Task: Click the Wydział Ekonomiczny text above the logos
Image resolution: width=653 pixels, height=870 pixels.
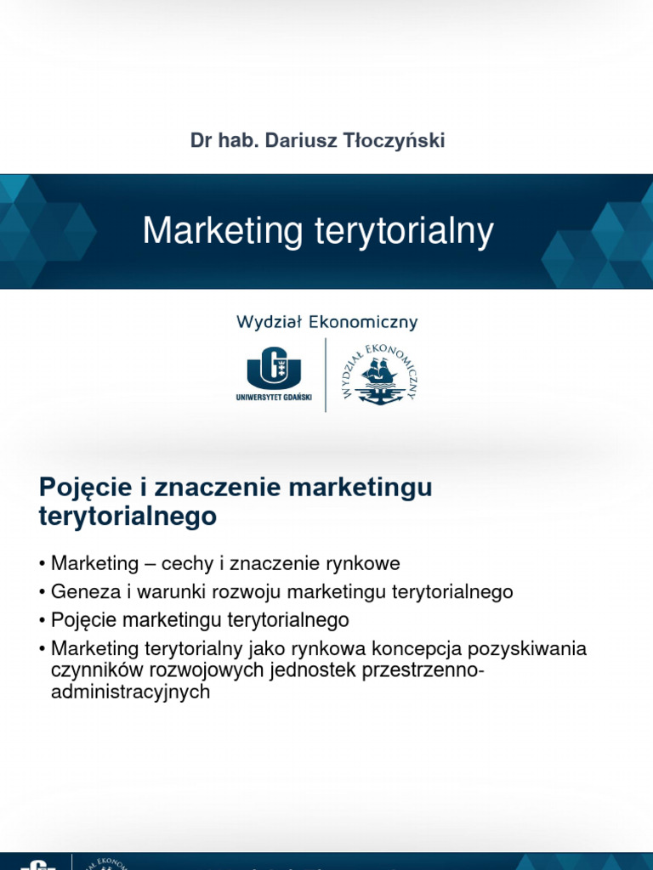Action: (326, 321)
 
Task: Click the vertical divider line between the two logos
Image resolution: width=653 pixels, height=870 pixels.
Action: (326, 374)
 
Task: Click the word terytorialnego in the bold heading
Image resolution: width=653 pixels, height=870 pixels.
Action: (128, 516)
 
